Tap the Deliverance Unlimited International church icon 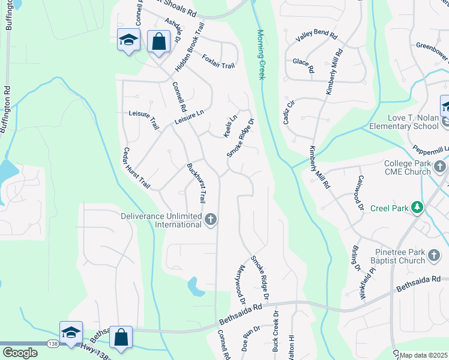coord(210,220)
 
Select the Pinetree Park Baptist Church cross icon coord(435,257)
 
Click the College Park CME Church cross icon coord(440,166)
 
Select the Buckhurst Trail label coord(196,182)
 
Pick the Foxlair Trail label coord(218,61)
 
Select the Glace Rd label coord(303,65)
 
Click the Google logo coord(20,352)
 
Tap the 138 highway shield coord(54,344)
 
